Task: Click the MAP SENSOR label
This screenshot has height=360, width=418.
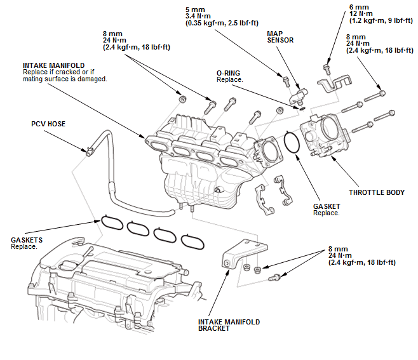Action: tap(280, 37)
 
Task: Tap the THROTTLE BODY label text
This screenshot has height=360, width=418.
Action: tap(377, 192)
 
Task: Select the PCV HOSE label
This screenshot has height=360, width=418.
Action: tap(48, 124)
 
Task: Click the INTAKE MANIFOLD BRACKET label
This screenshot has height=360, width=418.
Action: tap(229, 325)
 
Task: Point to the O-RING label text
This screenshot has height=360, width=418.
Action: tap(228, 73)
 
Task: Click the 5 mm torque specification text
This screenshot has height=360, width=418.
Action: tap(222, 17)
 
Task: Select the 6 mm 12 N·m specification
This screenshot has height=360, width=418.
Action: tap(381, 14)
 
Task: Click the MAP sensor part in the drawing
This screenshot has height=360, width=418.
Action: tap(299, 97)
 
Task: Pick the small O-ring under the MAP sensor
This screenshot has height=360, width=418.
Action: tap(302, 109)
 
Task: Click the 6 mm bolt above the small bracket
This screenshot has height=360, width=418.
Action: tap(327, 69)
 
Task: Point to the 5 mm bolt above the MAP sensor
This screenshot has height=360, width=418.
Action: tap(286, 81)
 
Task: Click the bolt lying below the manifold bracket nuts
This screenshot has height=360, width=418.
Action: tap(274, 278)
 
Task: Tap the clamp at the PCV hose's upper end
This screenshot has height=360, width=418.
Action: tap(90, 151)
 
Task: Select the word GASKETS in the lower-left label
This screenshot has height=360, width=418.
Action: tap(27, 240)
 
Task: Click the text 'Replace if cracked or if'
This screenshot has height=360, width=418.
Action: tap(58, 72)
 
